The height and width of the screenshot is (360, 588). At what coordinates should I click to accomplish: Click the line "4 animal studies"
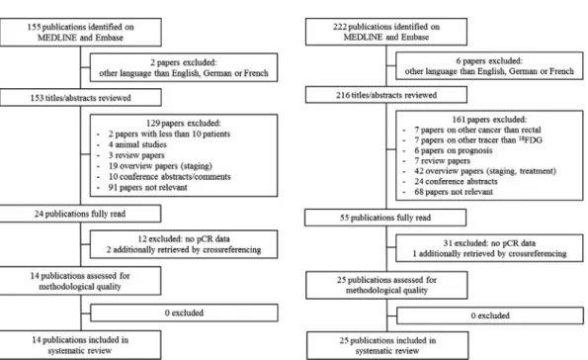point(137,144)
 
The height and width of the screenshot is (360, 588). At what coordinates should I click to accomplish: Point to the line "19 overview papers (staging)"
point(160,166)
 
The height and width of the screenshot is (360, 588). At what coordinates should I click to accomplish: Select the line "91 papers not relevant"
point(148,187)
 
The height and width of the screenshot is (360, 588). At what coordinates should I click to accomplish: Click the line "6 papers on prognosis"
point(454,150)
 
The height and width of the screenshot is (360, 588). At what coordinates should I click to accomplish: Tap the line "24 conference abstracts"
point(456,181)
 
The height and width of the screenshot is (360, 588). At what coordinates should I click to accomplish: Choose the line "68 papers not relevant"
point(454,192)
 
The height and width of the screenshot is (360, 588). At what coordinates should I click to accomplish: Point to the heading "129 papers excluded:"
point(184,123)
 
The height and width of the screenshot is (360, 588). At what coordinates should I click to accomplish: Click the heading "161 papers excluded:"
point(489,120)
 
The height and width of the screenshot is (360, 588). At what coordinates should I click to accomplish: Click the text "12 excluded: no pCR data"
point(184,238)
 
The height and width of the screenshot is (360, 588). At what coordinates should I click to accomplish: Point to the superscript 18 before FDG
point(521,138)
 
